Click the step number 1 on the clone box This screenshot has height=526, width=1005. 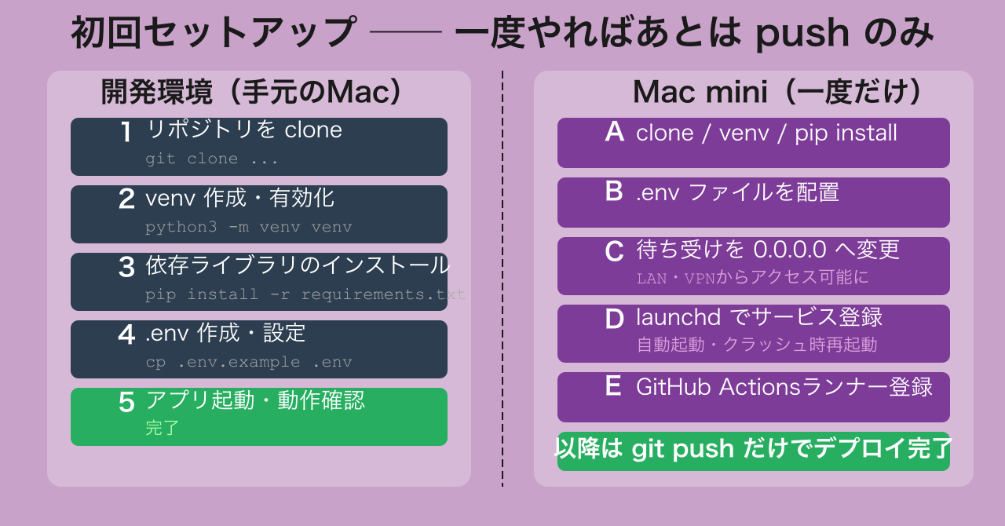click(126, 132)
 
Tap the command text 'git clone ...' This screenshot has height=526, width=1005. click(212, 159)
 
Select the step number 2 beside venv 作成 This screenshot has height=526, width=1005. click(126, 199)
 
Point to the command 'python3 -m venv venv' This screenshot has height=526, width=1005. click(249, 227)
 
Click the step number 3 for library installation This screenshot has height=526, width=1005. click(126, 267)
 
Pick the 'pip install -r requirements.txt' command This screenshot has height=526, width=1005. click(305, 294)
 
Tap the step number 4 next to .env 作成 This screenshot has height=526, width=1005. click(126, 334)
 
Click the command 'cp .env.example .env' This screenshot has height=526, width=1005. click(249, 362)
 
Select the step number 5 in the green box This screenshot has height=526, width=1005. click(126, 402)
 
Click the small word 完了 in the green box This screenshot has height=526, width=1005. click(162, 428)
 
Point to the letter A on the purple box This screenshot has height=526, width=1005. click(614, 132)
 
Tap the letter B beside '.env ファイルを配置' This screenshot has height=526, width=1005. click(614, 192)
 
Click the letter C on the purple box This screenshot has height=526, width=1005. click(614, 251)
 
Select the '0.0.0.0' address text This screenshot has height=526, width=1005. click(790, 250)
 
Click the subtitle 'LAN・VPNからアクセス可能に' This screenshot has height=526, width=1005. click(752, 277)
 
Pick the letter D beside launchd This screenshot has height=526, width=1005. click(614, 319)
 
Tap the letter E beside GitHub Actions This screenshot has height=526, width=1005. click(613, 385)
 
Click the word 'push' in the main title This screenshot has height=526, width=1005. click(802, 34)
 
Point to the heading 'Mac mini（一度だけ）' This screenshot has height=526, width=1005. click(777, 92)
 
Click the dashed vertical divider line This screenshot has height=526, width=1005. click(502, 278)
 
